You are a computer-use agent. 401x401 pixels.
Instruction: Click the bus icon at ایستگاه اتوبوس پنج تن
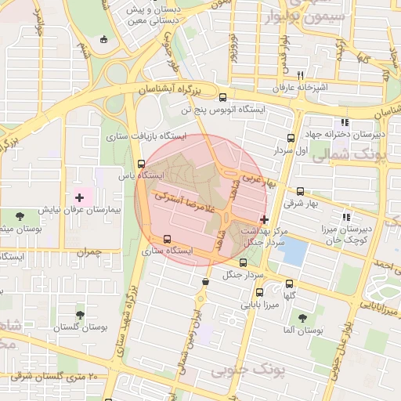(223, 98)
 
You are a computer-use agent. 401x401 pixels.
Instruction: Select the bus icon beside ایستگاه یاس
(141, 164)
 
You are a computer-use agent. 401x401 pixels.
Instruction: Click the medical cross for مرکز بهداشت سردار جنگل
(264, 220)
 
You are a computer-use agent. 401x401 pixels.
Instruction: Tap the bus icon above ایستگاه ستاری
(165, 240)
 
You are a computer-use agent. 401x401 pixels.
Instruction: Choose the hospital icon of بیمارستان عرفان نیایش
(78, 196)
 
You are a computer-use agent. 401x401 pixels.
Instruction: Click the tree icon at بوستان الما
(302, 318)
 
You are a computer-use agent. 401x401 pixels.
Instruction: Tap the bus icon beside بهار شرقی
(300, 191)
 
